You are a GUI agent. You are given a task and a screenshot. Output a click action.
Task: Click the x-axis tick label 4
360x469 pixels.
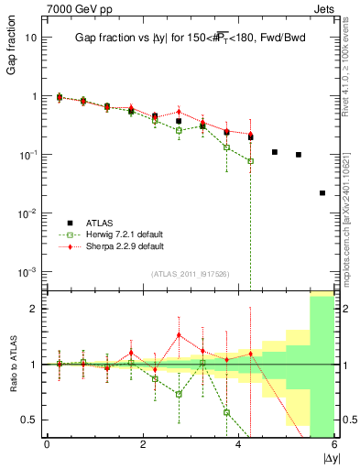239,444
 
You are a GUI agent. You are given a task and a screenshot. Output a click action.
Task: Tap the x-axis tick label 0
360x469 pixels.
47,444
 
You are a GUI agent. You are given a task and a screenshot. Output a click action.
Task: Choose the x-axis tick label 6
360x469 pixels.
334,444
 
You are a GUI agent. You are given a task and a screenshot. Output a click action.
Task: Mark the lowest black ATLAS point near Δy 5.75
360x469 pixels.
322,193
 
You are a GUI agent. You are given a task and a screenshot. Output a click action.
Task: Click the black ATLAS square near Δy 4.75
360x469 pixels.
275,152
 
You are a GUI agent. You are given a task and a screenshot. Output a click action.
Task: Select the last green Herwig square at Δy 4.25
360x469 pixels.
250,161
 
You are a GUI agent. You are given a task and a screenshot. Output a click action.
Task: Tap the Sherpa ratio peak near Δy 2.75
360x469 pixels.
179,335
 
